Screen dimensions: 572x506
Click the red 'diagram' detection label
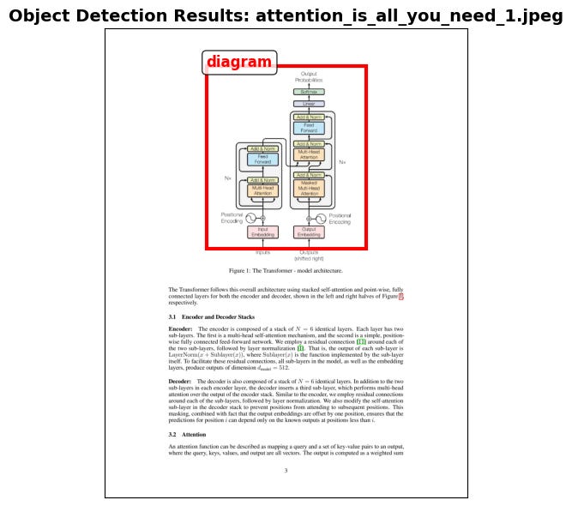tap(239, 63)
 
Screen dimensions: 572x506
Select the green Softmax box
tap(309, 91)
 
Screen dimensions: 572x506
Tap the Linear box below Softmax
tap(309, 104)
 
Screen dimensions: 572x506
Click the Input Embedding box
tap(262, 232)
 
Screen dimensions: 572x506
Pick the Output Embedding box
tap(309, 232)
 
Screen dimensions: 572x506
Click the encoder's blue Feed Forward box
tap(262, 159)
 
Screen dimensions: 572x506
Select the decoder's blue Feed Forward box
tap(309, 128)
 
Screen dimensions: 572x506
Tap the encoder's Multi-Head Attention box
tap(262, 190)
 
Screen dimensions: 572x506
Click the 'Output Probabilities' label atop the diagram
tap(309, 77)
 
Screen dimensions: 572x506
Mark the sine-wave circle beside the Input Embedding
tap(251, 219)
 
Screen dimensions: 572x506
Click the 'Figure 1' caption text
tap(286, 269)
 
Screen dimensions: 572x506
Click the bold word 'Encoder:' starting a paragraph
tap(180, 329)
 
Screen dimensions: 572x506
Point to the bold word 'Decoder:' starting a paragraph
tap(180, 380)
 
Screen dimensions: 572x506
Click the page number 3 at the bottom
tap(286, 469)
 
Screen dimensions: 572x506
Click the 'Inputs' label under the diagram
tap(262, 252)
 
